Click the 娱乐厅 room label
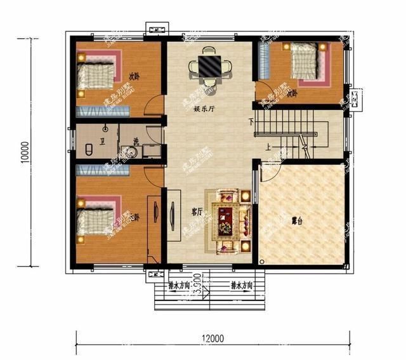tap(204, 109)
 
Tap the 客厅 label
tap(197, 211)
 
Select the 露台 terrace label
tap(296, 222)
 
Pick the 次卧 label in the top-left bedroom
tap(134, 76)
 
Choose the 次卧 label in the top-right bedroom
tap(292, 93)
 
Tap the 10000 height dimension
tap(23, 153)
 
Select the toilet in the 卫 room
tap(89, 151)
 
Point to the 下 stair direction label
tap(252, 121)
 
